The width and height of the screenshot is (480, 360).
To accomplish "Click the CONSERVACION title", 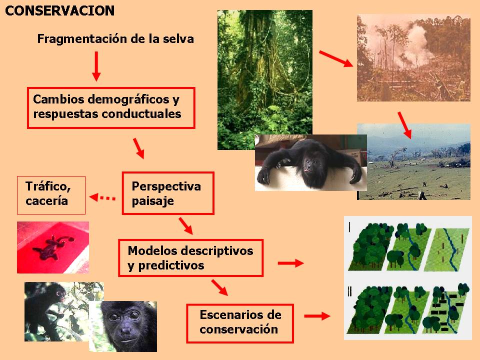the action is [59, 11].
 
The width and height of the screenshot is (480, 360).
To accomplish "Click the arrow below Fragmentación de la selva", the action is [96, 66].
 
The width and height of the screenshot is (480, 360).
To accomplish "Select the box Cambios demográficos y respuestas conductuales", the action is [111, 108].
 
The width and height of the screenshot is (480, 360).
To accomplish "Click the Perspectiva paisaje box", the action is [168, 193].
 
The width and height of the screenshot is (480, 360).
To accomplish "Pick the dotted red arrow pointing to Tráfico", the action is [102, 198].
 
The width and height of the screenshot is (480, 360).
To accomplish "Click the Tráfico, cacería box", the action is [51, 195].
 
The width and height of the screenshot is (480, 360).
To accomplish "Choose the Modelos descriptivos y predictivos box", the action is [190, 258].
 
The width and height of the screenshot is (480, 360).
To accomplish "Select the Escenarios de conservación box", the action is [240, 323].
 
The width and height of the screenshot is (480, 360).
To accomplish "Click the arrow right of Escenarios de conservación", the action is [317, 316].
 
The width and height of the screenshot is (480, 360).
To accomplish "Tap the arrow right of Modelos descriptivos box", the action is [291, 262].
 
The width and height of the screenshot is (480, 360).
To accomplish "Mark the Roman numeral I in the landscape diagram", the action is [349, 227].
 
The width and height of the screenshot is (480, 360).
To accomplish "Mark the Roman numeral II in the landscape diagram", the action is [349, 291].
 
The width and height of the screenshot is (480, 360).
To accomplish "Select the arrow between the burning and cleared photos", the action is [404, 125].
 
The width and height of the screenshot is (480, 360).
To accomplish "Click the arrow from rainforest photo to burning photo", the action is [336, 59].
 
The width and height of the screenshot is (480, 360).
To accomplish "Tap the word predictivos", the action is [171, 265].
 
